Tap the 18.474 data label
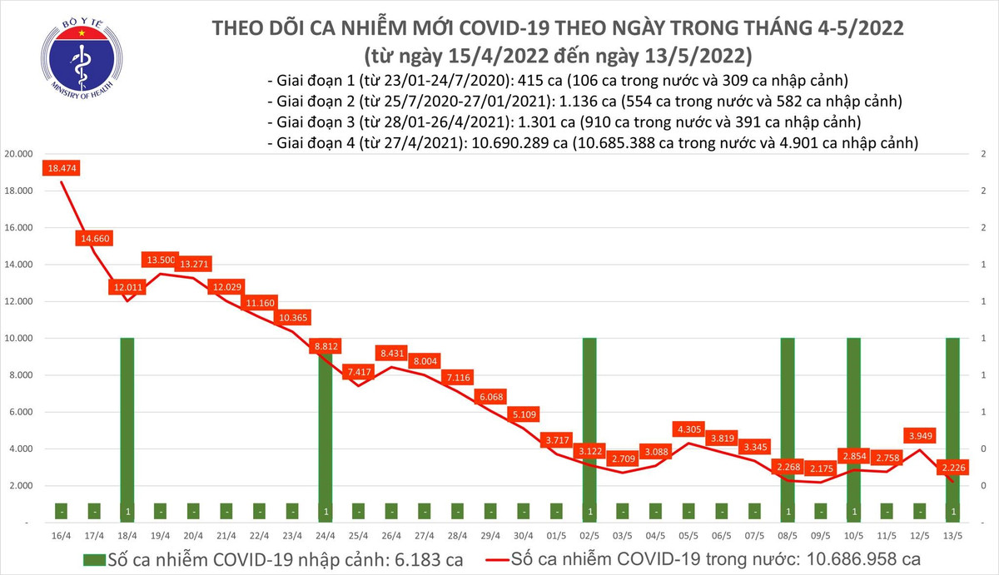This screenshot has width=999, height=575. pyautogui.click(x=62, y=168)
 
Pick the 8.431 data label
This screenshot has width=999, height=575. pyautogui.click(x=393, y=353)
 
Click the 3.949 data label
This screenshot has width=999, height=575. pyautogui.click(x=920, y=434)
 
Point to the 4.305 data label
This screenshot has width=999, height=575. pyautogui.click(x=690, y=429)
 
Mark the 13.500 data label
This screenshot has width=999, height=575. pyautogui.click(x=160, y=260)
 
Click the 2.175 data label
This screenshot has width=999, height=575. pyautogui.click(x=820, y=468)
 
